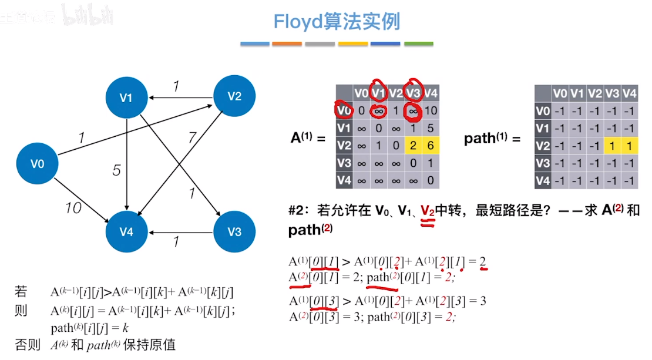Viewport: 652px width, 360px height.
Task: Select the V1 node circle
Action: point(126,97)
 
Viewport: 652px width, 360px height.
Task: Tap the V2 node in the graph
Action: point(234,97)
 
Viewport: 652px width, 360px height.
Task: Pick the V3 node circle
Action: point(234,231)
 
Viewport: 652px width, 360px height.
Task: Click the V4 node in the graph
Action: point(126,231)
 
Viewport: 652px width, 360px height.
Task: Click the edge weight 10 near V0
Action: point(73,208)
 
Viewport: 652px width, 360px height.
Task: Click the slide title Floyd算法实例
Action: point(337,22)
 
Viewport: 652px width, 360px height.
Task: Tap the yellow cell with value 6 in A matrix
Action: point(430,145)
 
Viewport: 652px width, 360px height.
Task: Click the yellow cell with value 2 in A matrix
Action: point(413,145)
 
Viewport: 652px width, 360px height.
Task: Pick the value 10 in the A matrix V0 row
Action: point(430,110)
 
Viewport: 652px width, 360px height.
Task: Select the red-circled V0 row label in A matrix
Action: point(344,110)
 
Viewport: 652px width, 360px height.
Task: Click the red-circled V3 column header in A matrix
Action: point(413,93)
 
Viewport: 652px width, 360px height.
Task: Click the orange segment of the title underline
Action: point(287,43)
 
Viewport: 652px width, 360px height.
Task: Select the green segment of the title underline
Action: point(418,43)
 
